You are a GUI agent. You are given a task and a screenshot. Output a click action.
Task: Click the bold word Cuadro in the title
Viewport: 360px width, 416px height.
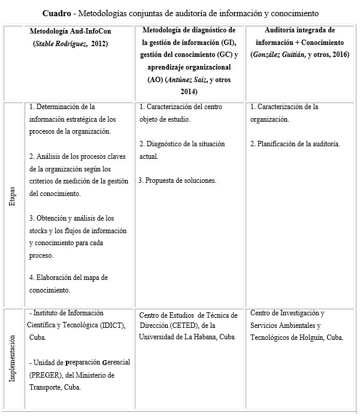[59, 13]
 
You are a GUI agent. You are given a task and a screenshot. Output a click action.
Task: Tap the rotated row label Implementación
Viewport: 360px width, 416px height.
[13, 360]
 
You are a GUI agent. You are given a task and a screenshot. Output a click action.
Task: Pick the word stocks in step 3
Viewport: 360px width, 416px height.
[39, 231]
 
